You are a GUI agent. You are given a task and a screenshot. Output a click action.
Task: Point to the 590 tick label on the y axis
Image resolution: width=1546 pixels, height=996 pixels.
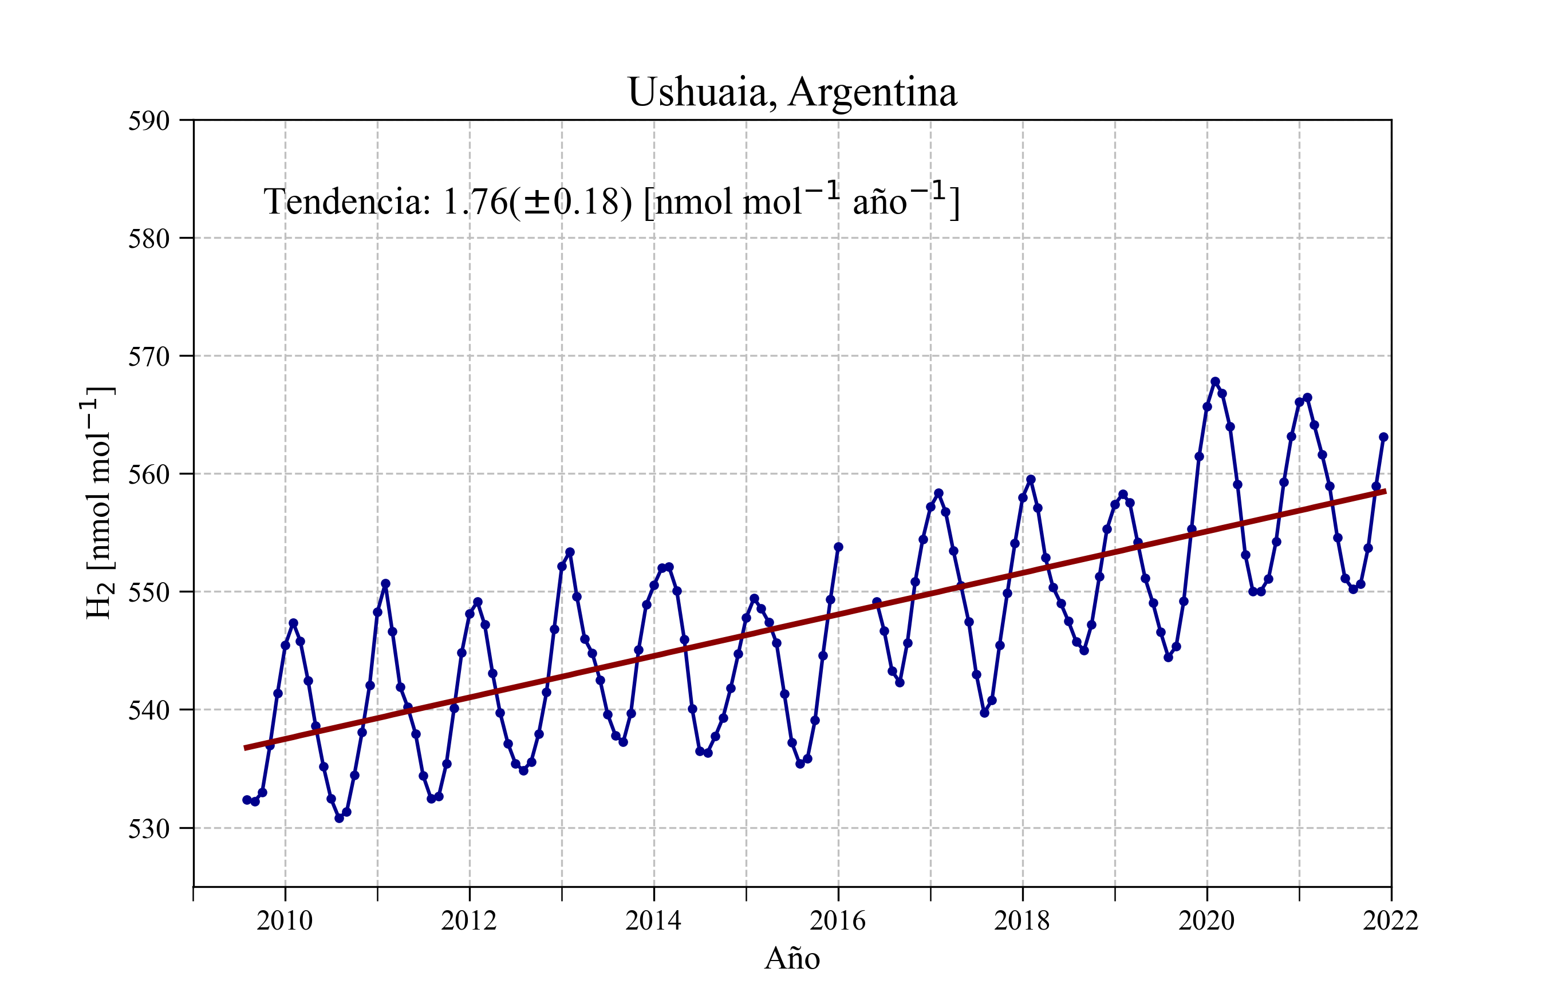[149, 121]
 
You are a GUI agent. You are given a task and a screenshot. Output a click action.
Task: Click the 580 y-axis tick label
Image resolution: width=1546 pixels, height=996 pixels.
[149, 239]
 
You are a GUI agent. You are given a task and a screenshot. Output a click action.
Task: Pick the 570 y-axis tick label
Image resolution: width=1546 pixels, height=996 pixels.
[149, 357]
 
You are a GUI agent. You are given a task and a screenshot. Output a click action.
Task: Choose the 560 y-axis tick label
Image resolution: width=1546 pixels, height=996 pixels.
[149, 475]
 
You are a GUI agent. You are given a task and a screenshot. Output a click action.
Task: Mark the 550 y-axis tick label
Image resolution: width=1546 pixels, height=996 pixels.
[149, 592]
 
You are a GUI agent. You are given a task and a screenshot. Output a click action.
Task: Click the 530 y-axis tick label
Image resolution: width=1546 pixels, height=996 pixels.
[149, 828]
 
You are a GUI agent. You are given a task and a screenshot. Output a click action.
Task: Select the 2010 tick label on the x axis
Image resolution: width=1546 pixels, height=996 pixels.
[285, 920]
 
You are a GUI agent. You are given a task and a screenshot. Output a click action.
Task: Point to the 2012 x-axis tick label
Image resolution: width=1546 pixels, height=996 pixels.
[469, 920]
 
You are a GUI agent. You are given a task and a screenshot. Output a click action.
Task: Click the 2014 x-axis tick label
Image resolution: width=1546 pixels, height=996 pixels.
[653, 920]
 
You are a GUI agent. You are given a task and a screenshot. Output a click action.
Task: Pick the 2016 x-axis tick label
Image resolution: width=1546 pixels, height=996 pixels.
[838, 920]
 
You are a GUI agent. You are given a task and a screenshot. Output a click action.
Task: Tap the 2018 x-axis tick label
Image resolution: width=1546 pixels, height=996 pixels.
[1022, 920]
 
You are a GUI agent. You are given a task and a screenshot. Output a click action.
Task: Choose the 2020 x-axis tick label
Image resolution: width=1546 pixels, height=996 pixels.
[1206, 920]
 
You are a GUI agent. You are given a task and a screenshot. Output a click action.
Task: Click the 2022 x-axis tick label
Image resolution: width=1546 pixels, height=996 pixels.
[1391, 920]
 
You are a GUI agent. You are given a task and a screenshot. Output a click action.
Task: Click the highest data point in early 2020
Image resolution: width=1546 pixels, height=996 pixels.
[1215, 382]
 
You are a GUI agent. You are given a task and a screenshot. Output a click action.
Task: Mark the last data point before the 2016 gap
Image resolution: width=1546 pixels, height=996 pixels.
[838, 547]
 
